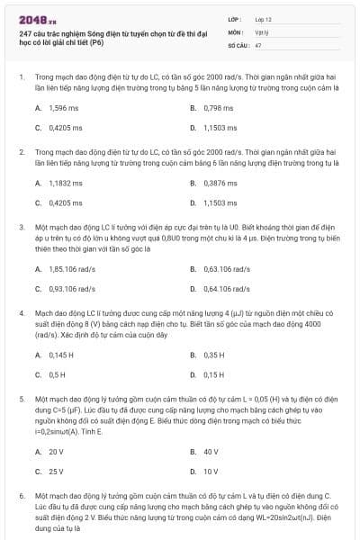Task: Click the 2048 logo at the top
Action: click(32, 18)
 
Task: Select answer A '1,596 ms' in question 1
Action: click(58, 108)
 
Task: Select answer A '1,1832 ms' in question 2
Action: click(58, 183)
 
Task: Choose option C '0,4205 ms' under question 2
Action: click(58, 203)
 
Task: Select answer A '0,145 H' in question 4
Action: click(58, 354)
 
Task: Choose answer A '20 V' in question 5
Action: click(55, 451)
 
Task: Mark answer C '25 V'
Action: click(55, 471)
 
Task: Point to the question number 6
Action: click(21, 496)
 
